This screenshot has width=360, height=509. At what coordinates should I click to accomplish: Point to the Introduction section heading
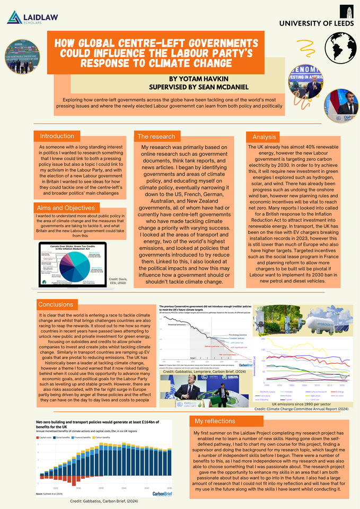tap(58, 136)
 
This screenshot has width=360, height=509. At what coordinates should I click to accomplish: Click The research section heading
tap(157, 136)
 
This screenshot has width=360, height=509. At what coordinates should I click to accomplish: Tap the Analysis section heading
tap(264, 136)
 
